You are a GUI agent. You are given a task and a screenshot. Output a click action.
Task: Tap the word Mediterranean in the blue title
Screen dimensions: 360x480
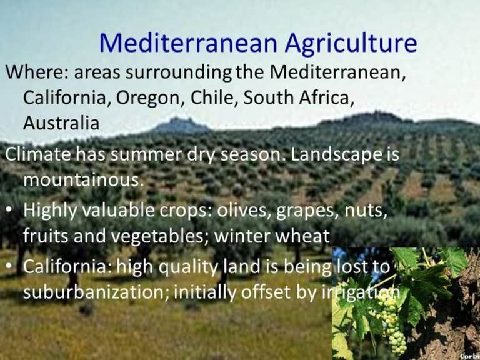(187, 43)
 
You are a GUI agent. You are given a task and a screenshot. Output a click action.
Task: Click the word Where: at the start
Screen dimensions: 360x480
(36, 72)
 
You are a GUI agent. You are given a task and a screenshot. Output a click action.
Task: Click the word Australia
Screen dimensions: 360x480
(61, 123)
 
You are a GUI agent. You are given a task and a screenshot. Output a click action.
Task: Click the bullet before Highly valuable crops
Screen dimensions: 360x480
(9, 211)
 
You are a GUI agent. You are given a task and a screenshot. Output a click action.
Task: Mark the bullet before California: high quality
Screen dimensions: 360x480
(9, 266)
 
